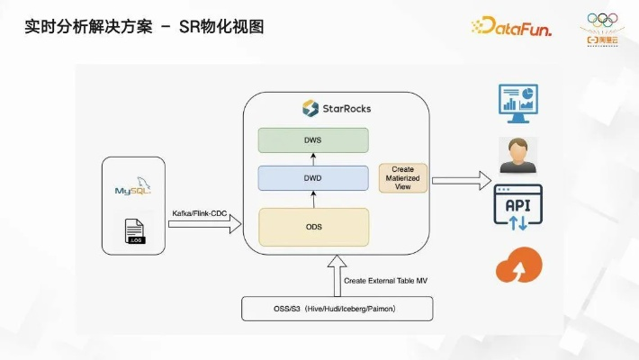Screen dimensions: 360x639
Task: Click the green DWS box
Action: click(x=313, y=139)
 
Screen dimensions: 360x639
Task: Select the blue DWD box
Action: click(x=313, y=178)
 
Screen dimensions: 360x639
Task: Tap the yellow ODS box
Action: click(x=313, y=226)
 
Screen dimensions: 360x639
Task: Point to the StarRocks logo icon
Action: click(x=310, y=109)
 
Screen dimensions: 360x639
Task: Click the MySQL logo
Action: click(x=136, y=190)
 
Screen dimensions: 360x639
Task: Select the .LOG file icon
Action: click(x=136, y=231)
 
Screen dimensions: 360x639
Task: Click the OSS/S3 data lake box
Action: click(x=337, y=309)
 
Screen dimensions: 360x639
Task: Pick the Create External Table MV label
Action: click(x=386, y=281)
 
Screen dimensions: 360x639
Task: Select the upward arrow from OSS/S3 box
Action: click(x=337, y=274)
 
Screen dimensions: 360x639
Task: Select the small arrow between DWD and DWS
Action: click(x=313, y=159)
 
